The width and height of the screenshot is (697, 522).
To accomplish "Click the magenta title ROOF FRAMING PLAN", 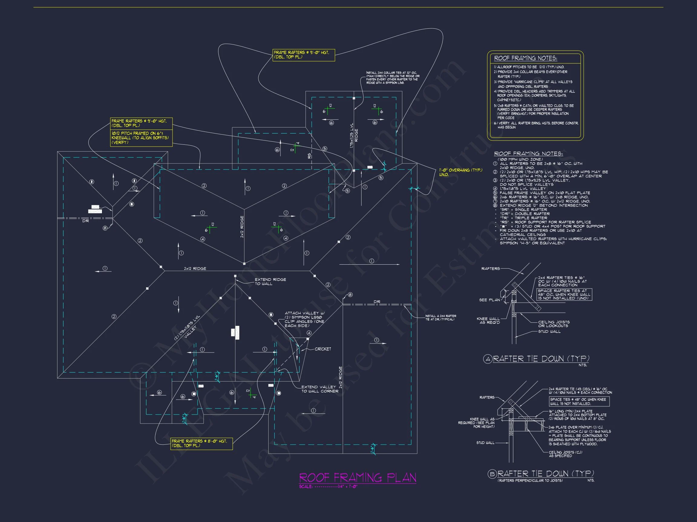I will coord(357,478).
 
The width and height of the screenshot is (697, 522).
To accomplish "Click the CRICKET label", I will coord(323,349).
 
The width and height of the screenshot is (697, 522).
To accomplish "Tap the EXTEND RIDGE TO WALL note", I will coord(270,282).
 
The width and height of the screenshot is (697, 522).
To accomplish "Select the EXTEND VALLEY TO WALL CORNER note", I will coord(319,389).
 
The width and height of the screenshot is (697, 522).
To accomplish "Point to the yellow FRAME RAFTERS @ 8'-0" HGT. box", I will coord(201,443).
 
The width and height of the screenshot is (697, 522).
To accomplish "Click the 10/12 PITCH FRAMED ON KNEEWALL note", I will coord(141,138).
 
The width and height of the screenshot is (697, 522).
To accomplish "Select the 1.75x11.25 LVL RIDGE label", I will coord(354,136).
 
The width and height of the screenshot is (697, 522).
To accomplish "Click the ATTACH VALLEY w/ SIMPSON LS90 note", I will coord(304,319).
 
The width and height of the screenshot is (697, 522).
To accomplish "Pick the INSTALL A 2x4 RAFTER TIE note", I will coord(440,317).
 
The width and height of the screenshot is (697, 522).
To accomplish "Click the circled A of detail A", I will coord(487,359).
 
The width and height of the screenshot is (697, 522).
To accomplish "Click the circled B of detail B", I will coord(492,474).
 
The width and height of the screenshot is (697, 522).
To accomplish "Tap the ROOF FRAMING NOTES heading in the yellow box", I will coord(525,58).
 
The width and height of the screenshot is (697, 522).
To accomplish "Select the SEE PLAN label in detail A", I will coord(489,300).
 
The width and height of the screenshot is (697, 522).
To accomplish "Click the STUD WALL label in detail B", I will coord(485,443).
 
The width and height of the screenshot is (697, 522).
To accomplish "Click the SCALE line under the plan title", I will coord(328,486).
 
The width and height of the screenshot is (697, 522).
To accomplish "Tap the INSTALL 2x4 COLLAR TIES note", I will coord(393,78).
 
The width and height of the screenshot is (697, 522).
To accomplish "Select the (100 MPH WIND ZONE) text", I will coord(520,159).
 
